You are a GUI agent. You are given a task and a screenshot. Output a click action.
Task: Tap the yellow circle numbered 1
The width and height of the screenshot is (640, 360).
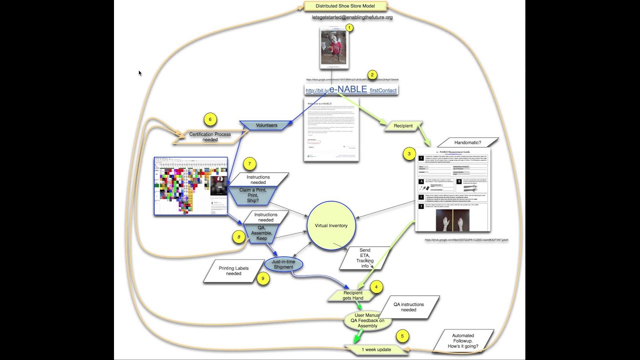pyautogui.click(x=349, y=28)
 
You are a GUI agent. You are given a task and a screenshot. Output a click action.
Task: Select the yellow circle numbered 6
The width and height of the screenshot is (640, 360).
pyautogui.click(x=210, y=119)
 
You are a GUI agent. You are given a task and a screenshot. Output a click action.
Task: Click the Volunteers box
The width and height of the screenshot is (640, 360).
pyautogui.click(x=266, y=125)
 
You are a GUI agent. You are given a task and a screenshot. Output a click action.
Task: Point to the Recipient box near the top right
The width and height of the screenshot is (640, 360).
pyautogui.click(x=403, y=126)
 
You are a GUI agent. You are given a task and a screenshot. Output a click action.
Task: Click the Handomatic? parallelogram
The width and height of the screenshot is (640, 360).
pyautogui.click(x=467, y=142)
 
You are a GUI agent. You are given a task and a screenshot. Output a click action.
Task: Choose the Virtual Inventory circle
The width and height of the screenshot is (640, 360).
pyautogui.click(x=331, y=226)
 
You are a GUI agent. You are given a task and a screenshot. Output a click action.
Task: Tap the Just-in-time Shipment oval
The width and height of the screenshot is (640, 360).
pyautogui.click(x=283, y=264)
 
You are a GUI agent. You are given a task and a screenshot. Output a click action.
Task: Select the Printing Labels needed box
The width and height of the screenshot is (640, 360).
pyautogui.click(x=233, y=271)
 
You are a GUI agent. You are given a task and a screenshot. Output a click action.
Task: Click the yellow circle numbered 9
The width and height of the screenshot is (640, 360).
pyautogui.click(x=262, y=279)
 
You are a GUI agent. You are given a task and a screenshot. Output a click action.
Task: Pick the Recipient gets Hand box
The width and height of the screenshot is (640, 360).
pyautogui.click(x=352, y=295)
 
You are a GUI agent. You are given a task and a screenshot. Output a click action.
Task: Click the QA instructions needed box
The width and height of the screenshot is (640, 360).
pyautogui.click(x=408, y=307)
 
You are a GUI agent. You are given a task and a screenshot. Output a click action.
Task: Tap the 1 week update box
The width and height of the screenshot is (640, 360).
pyautogui.click(x=376, y=349)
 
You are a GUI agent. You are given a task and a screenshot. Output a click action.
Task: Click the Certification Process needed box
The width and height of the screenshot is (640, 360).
pyautogui.click(x=210, y=136)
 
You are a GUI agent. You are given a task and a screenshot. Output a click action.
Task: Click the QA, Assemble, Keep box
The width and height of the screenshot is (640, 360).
pyautogui.click(x=261, y=232)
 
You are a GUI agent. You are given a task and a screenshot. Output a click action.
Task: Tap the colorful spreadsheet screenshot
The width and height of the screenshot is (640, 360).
pyautogui.click(x=191, y=186)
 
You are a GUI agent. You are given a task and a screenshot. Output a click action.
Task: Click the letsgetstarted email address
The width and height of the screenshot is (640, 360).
pyautogui.click(x=352, y=17)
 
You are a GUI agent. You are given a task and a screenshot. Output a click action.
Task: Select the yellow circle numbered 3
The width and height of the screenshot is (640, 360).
pyautogui.click(x=409, y=154)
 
